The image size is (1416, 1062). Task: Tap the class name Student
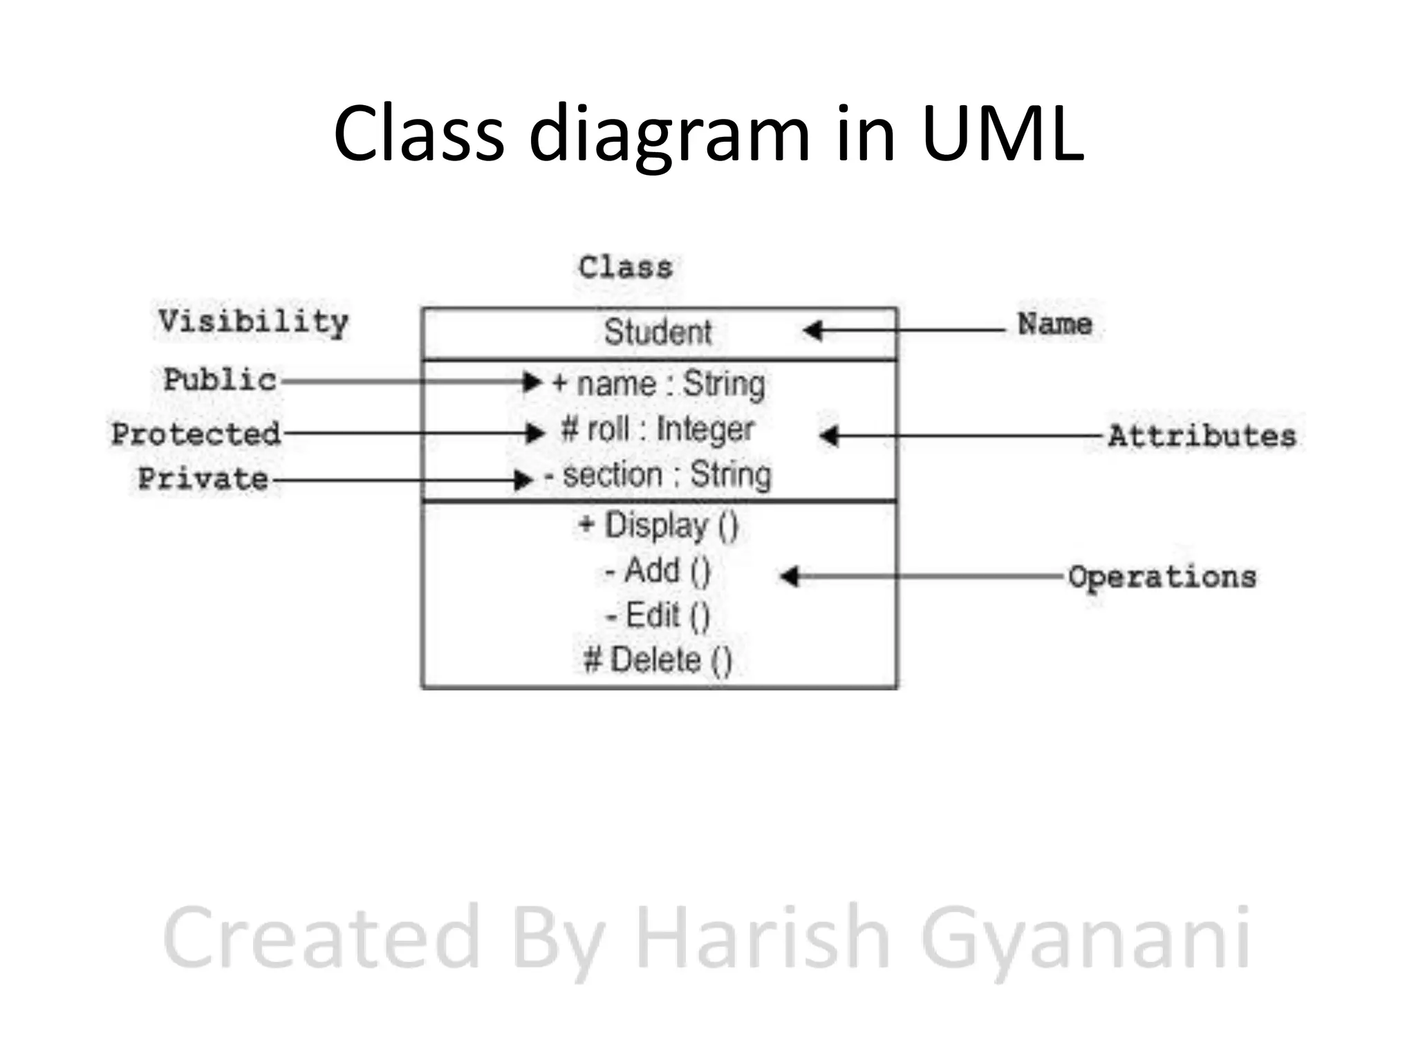658,332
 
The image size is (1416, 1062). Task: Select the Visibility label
253,322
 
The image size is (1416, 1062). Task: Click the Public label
220,380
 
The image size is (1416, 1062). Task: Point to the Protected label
196,434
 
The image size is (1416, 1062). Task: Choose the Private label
203,479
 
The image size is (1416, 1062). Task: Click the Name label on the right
1054,324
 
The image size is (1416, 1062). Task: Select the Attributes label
1202,436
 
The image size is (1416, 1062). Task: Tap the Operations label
1162,577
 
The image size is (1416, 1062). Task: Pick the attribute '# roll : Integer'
658,429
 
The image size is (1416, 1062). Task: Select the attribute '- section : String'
658,476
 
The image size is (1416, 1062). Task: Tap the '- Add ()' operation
658,571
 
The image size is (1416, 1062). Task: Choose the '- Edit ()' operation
658,615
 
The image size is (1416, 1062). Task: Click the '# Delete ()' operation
658,660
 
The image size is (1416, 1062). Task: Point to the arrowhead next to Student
813,330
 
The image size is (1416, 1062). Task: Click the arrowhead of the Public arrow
532,382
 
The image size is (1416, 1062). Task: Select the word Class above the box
625,268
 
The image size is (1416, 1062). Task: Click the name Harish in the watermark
761,938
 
